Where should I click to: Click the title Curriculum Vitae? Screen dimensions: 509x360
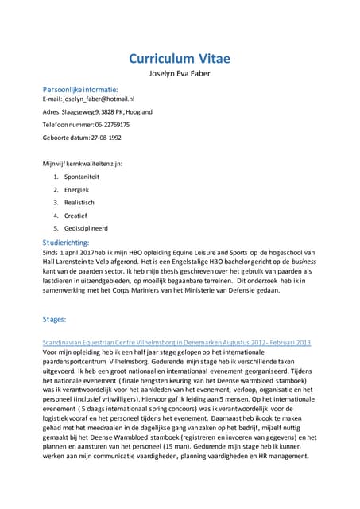click(180, 60)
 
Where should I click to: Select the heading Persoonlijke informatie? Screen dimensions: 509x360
click(80, 90)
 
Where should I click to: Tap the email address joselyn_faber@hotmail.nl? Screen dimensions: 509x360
click(87, 99)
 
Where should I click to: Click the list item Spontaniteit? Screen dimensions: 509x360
click(83, 177)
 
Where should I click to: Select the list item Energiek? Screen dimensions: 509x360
click(77, 189)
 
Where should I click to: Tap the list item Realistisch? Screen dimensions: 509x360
click(80, 202)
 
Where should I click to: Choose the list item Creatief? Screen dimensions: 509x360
click(76, 215)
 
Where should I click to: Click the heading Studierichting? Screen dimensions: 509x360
click(66, 242)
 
